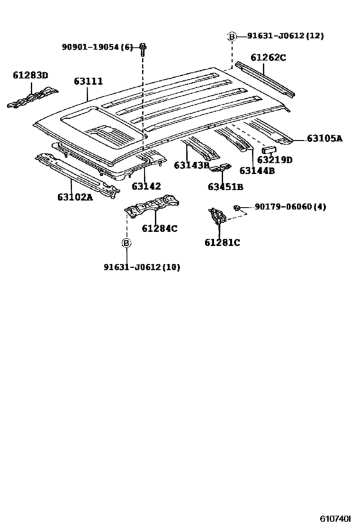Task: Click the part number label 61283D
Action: point(30,75)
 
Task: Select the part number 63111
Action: point(89,81)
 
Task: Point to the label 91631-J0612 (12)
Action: point(285,36)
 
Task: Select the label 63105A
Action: point(325,138)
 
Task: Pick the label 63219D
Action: point(274,159)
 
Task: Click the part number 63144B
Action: point(257,170)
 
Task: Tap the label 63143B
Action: point(192,165)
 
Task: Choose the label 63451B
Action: point(225,187)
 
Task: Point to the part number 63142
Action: point(147,186)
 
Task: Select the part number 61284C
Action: point(159,228)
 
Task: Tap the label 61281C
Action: point(222,242)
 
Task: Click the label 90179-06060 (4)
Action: point(291,207)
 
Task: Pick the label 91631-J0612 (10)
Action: point(141,267)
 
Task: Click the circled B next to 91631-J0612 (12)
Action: point(232,37)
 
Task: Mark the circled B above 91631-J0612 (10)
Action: point(127,243)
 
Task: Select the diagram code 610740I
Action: point(336,518)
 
